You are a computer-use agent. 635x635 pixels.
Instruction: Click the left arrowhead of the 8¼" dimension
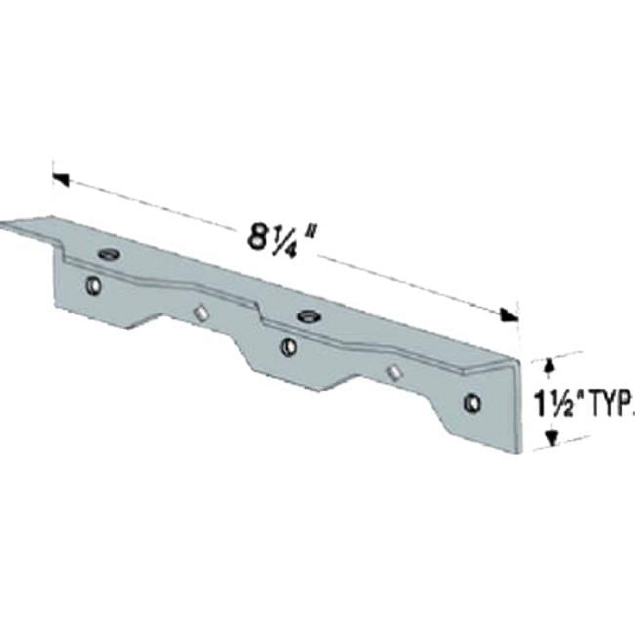60,179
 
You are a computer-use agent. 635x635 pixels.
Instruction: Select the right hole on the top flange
309,316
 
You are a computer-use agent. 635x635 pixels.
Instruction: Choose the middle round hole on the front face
289,347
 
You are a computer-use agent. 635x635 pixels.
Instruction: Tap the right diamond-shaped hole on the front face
393,372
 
